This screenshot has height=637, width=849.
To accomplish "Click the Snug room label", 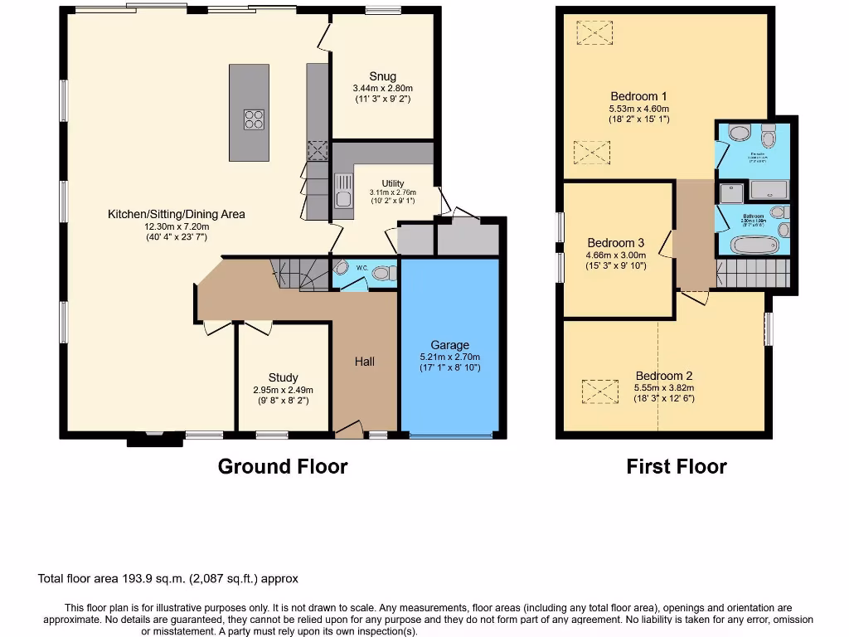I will point(382,77).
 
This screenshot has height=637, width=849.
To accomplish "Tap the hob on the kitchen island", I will point(255,119).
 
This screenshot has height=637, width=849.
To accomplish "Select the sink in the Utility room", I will point(342,191).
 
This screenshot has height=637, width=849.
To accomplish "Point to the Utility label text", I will point(393,183).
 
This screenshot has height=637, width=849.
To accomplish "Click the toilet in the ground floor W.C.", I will point(381,273).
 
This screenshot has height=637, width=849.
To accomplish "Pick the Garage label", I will point(449,345).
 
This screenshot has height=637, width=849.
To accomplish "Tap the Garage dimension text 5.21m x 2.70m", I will point(449,357).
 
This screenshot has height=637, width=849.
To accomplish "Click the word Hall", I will point(365,362).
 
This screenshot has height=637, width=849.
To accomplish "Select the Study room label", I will point(283,377).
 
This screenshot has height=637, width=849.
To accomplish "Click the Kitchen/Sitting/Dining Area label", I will point(177,214).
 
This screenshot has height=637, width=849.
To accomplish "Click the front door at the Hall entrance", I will point(349,430).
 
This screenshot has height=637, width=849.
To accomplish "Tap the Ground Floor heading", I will point(282,467).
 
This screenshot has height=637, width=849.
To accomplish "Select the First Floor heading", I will point(677,467).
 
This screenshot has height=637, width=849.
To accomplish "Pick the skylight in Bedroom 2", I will point(600,391).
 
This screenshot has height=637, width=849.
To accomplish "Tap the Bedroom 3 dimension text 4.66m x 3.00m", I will point(615,255).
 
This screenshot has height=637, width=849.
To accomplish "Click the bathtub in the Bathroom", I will point(755,245).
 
